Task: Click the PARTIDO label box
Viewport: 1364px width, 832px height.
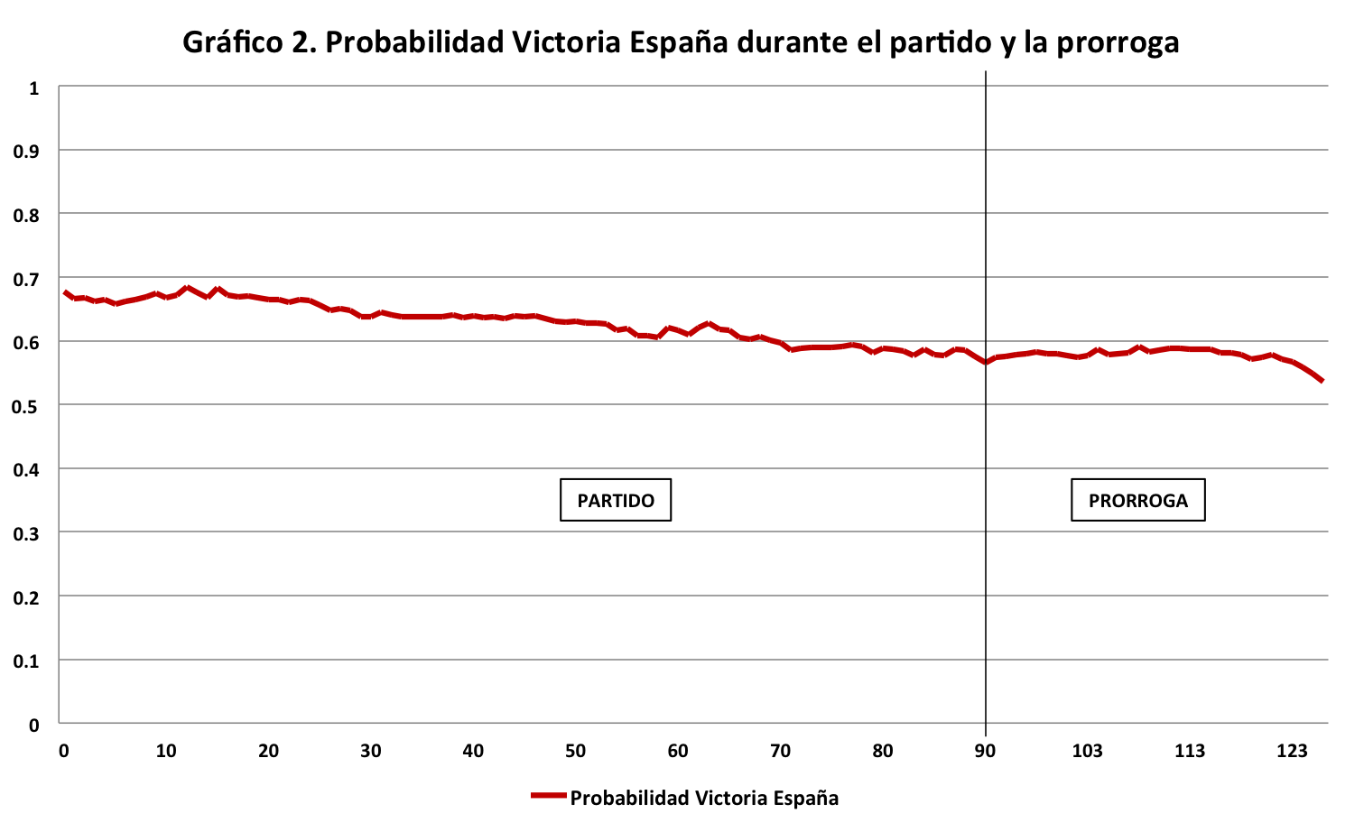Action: click(616, 500)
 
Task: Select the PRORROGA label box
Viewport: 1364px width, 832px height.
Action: click(1137, 500)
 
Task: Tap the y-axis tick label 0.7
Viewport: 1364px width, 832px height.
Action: click(27, 279)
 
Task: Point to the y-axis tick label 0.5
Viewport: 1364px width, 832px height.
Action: click(27, 406)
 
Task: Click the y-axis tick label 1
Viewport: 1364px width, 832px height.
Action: click(34, 88)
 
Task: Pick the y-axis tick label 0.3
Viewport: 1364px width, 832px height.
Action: click(27, 533)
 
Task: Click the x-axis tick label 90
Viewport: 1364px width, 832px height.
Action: click(985, 751)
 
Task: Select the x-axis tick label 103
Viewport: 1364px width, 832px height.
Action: click(1087, 751)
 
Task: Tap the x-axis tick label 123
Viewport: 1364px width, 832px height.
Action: click(1292, 751)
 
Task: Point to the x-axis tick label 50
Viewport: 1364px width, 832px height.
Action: click(575, 751)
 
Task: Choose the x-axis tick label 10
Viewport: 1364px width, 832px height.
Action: click(166, 751)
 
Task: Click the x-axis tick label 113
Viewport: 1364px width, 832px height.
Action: click(1190, 751)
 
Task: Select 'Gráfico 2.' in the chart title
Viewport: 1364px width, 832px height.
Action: click(248, 42)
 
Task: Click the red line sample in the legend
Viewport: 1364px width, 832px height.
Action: click(548, 796)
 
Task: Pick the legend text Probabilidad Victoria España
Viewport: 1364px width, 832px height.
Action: click(704, 798)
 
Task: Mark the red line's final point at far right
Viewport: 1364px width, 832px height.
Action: click(1322, 381)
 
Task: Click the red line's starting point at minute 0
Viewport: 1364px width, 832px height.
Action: click(65, 292)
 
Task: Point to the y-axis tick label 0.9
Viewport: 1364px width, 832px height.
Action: click(27, 152)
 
